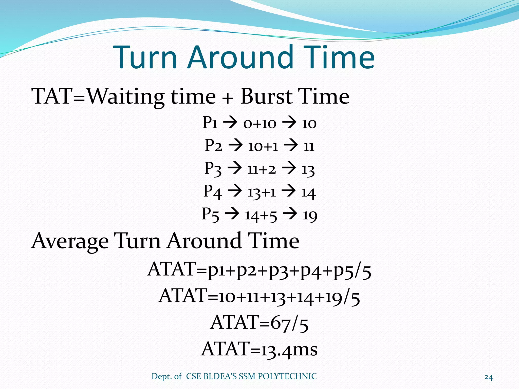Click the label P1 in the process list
tap(210, 123)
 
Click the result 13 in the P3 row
tap(308, 169)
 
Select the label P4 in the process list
tap(212, 192)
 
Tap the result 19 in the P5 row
tap(310, 216)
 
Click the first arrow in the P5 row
tap(232, 214)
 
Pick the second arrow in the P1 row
tap(289, 123)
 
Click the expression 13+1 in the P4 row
tap(262, 192)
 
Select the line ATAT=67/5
tap(259, 323)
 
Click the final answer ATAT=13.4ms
tap(259, 349)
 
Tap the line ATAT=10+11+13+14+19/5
tap(259, 296)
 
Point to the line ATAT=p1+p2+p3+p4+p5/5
tap(259, 270)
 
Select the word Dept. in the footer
tap(161, 377)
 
